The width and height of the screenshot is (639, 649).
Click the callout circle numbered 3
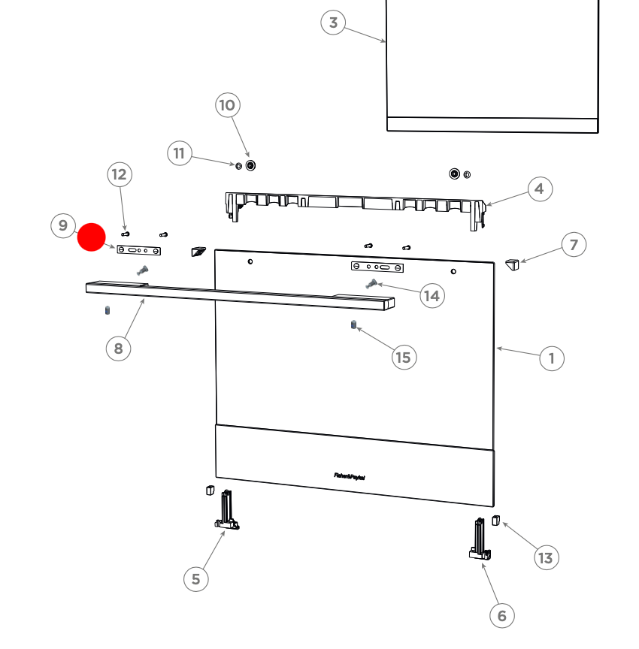click(x=333, y=23)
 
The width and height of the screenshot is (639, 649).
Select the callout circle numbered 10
click(x=227, y=105)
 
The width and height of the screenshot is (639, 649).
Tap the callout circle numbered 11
click(x=179, y=154)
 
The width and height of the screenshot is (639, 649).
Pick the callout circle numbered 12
click(x=119, y=175)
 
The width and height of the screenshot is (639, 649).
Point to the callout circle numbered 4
click(x=539, y=189)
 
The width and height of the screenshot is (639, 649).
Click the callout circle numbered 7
click(x=574, y=245)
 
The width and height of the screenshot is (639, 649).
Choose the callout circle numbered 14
click(x=432, y=296)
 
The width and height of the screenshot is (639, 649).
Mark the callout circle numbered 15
click(x=404, y=357)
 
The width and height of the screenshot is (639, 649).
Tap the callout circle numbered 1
click(x=552, y=358)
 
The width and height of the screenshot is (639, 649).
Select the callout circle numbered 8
click(x=118, y=348)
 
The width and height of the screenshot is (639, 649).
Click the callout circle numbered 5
click(x=196, y=578)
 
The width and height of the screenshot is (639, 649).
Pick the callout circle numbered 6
click(x=502, y=616)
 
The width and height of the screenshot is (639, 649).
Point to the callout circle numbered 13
click(x=546, y=557)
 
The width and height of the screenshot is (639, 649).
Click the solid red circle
click(x=92, y=237)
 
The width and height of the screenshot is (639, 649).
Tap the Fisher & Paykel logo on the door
click(x=350, y=475)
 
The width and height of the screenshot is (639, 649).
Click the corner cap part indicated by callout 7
click(x=513, y=265)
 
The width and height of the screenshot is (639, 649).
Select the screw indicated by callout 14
click(x=370, y=283)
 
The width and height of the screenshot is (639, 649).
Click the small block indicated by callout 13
click(x=496, y=520)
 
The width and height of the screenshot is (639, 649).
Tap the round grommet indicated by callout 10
click(x=251, y=165)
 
